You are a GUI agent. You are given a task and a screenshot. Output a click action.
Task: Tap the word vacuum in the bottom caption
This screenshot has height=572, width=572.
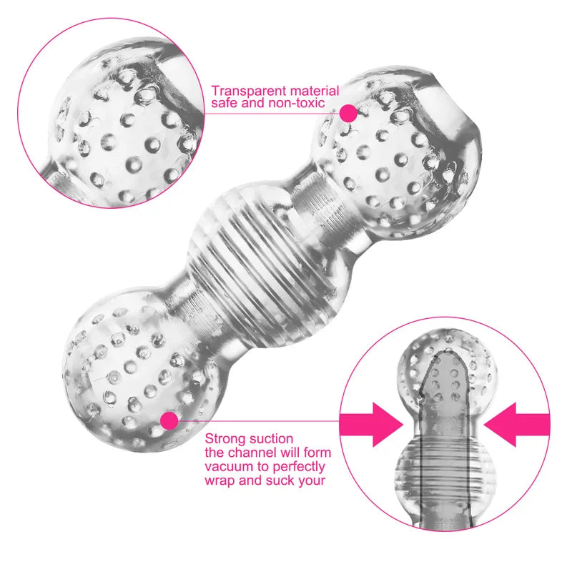click(227, 467)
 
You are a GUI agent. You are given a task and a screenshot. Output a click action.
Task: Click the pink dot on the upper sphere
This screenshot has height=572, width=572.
click(348, 113)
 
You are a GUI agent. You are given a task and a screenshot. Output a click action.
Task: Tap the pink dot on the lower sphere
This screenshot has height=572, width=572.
click(169, 421)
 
